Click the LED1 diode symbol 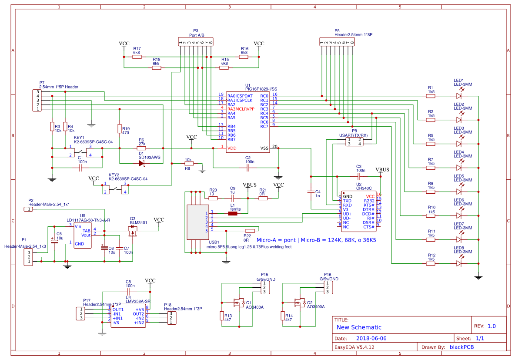(459, 96)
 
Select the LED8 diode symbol (459, 263)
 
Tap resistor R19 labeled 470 (119, 129)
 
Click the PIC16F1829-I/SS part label (261, 89)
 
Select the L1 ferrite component (233, 213)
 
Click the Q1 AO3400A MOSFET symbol (239, 302)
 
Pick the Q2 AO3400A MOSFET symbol (300, 302)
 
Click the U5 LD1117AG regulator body (83, 235)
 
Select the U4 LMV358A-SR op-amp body (128, 316)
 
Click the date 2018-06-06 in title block (371, 338)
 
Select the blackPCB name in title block (461, 347)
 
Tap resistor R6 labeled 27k (141, 148)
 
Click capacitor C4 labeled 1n (311, 192)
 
